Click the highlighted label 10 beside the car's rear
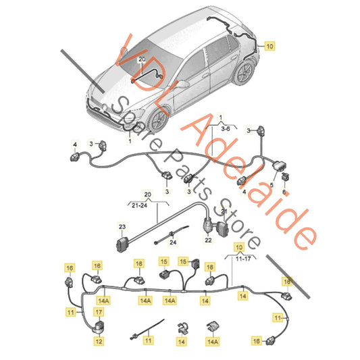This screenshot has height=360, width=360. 269,47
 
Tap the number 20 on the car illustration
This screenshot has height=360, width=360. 141,60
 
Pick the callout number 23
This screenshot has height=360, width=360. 123,227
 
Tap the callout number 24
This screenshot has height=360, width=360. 172,242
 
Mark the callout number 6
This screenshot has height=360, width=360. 284,192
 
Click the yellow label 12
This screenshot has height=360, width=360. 98,342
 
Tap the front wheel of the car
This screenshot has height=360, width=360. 157,120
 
